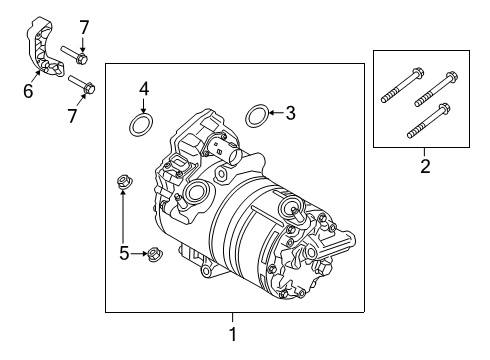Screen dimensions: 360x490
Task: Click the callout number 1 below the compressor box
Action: pos(233,334)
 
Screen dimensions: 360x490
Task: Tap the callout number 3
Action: pos(291,114)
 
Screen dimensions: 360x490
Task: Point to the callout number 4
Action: pos(144,90)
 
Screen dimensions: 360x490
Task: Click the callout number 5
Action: pos(124,254)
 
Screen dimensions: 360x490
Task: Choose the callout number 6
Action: pos(28,92)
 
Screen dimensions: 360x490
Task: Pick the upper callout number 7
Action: pos(84,27)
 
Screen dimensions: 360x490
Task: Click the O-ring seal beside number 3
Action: pos(256,115)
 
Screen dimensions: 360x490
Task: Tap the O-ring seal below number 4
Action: pos(141,125)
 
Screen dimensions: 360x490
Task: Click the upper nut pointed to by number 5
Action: pos(124,182)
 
